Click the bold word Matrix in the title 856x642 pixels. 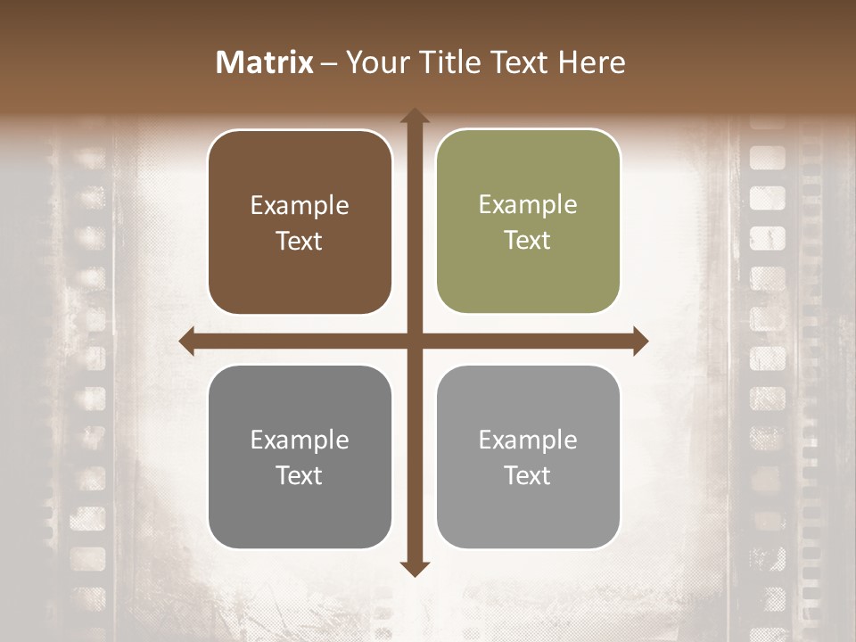265,62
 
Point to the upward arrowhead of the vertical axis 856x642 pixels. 415,117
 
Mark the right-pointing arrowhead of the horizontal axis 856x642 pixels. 639,342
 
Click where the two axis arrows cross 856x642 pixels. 415,342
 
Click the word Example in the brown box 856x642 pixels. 300,206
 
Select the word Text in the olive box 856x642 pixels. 528,241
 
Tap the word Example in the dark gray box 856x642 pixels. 300,440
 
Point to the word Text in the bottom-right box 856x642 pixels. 528,475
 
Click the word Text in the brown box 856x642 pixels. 300,242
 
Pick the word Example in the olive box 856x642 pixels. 528,205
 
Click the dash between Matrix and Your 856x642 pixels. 329,63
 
